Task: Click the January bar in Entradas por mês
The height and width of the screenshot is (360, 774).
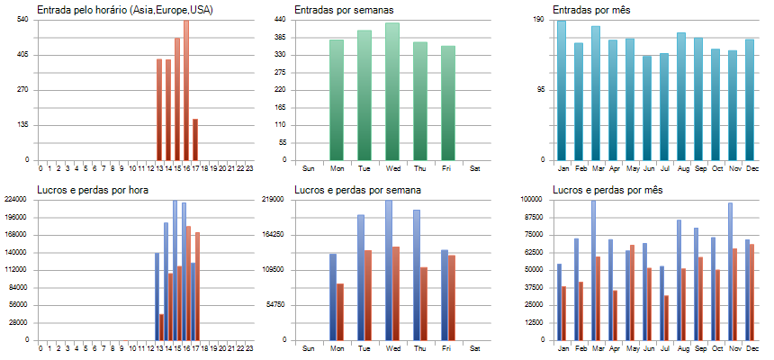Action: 562,90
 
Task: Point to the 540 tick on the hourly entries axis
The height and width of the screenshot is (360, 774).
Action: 22,20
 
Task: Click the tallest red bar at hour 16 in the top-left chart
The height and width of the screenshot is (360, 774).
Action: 186,90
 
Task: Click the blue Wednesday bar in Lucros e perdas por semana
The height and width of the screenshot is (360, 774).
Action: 389,270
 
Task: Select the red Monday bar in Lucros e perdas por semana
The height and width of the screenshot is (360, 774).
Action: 340,311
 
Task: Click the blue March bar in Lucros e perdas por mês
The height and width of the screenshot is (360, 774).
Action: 593,270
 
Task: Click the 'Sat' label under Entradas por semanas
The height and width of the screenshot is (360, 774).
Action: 475,168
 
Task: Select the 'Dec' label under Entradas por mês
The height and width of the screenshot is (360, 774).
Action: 750,168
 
